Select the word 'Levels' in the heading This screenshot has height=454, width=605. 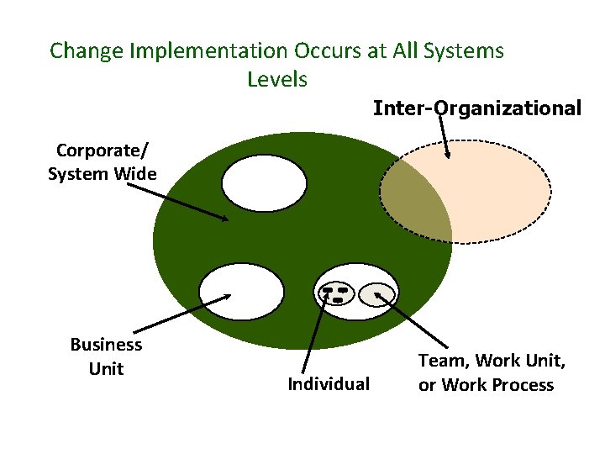(x=277, y=80)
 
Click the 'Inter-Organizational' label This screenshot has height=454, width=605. (x=476, y=108)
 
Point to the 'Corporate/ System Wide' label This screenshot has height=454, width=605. (x=102, y=162)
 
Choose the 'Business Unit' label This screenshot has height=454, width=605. (x=106, y=356)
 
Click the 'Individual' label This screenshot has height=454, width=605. (x=328, y=384)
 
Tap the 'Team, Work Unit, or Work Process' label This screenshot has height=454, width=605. (x=492, y=372)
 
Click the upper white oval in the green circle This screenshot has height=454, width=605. (x=264, y=182)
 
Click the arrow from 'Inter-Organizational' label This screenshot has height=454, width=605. (x=443, y=135)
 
